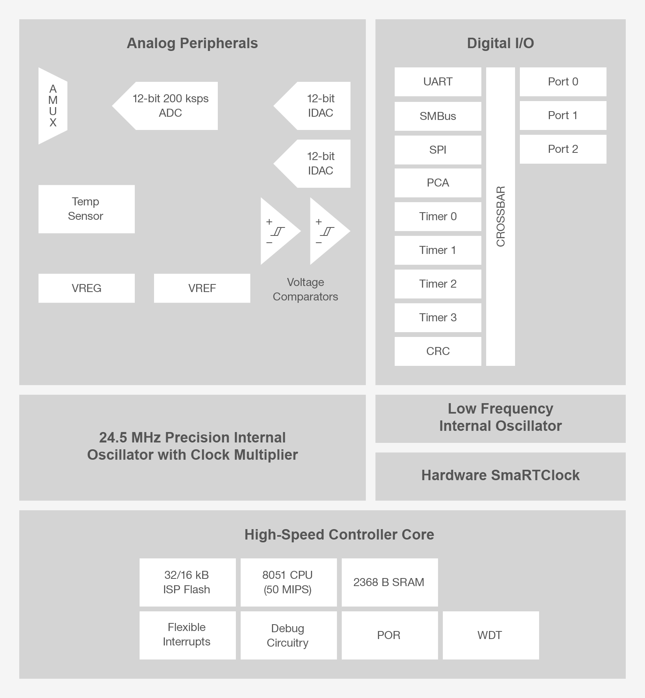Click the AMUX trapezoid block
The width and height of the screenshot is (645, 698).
click(x=53, y=106)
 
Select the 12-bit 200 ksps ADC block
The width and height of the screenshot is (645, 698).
click(x=170, y=106)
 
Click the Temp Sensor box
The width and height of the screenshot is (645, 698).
click(x=86, y=209)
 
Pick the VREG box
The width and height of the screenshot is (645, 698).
click(x=86, y=288)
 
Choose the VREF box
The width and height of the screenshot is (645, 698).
click(x=202, y=288)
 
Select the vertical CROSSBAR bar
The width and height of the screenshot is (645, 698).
click(x=500, y=217)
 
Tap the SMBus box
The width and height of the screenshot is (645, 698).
click(x=438, y=116)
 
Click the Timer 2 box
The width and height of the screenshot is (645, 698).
click(x=438, y=284)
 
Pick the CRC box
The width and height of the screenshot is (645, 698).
click(x=438, y=351)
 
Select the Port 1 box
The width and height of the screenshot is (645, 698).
click(x=563, y=115)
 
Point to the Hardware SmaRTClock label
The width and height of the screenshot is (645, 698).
click(x=500, y=475)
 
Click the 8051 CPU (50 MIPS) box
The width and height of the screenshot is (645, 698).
click(x=288, y=582)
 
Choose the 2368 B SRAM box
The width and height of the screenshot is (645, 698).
click(x=389, y=582)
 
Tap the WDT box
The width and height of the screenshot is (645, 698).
click(x=490, y=635)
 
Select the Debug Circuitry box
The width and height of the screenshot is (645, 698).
click(x=288, y=635)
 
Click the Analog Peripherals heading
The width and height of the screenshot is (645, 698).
click(x=192, y=43)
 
